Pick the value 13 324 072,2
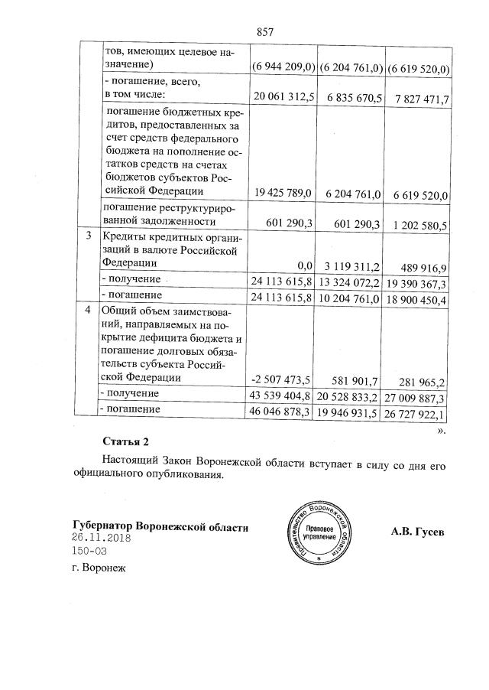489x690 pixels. pos(350,283)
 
